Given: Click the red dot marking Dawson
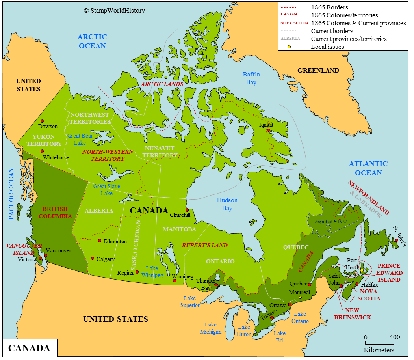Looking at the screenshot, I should tap(41, 121).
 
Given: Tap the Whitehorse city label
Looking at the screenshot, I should tap(56, 157).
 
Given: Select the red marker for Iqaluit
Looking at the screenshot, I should tap(268, 130).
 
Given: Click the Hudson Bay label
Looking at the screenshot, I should tap(227, 204).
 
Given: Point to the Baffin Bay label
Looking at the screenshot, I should tap(251, 78).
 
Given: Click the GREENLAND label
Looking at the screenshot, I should tap(318, 70).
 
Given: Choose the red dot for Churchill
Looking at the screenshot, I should tap(187, 210).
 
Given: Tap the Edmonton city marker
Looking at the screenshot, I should tap(100, 240).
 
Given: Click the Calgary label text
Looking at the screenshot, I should tap(105, 259).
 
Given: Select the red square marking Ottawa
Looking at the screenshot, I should tap(290, 305).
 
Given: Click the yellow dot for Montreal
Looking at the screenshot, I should tap(300, 297).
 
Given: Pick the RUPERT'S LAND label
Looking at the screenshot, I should tap(204, 245).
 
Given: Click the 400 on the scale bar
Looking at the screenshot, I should tap(394, 337).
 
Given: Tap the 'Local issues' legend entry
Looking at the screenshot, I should tap(327, 47).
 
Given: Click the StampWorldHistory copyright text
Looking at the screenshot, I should tap(114, 11).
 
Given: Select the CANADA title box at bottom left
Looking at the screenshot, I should tap(30, 348).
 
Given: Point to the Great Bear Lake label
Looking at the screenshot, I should tap(80, 139).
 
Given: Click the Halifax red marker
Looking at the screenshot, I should tap(357, 284).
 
